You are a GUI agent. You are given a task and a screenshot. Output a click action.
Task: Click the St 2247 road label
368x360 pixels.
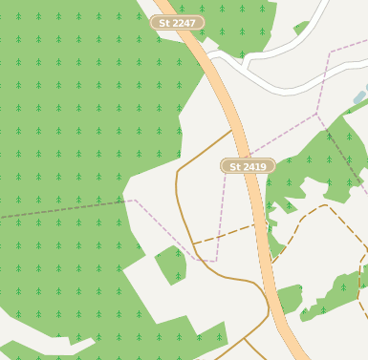tap(177, 22)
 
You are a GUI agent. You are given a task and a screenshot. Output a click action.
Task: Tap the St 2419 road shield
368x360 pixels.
tap(248, 166)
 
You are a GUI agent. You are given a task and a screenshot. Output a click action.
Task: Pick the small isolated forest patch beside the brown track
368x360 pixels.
tap(170, 263)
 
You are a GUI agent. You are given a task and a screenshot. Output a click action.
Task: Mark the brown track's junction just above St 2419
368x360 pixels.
tap(235, 130)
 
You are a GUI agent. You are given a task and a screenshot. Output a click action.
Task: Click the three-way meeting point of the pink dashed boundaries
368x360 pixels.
tap(317, 114)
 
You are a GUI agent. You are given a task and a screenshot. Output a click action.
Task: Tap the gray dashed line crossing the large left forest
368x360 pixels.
tap(67, 209)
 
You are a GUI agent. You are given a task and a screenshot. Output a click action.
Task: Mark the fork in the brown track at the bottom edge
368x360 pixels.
tap(246, 339)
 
